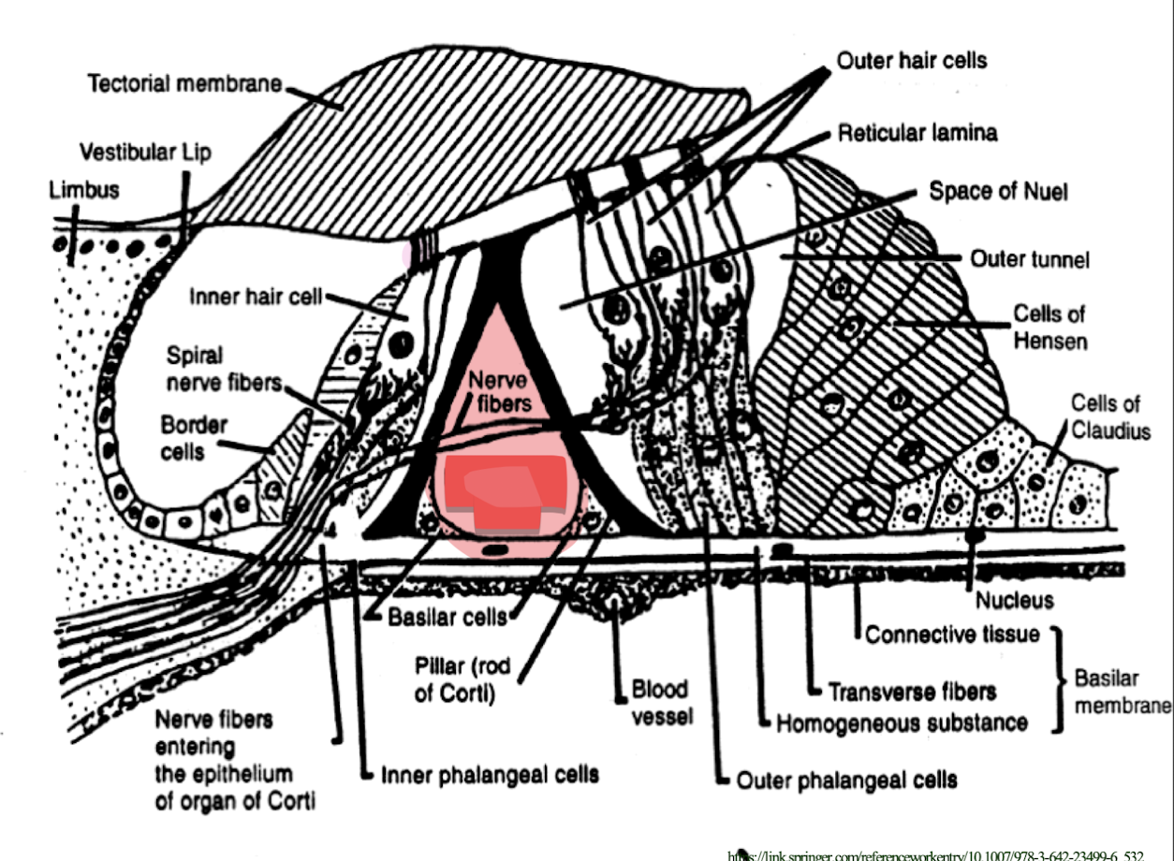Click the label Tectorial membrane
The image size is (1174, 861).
coord(184,83)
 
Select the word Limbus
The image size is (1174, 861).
coord(84,189)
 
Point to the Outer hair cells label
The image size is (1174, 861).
coord(911,61)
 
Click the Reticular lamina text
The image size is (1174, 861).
coord(917,133)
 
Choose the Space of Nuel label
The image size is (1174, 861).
coord(998,191)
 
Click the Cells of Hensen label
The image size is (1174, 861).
coord(1050,326)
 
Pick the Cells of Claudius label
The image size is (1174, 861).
coord(1110,417)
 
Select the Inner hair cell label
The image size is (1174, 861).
coord(256,298)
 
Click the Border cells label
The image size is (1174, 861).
coord(194,436)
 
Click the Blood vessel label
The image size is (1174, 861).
coord(660,703)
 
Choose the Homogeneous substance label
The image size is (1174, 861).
coord(903,722)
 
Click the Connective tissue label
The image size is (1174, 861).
coord(952,635)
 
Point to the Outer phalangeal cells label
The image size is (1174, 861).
coord(847,779)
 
